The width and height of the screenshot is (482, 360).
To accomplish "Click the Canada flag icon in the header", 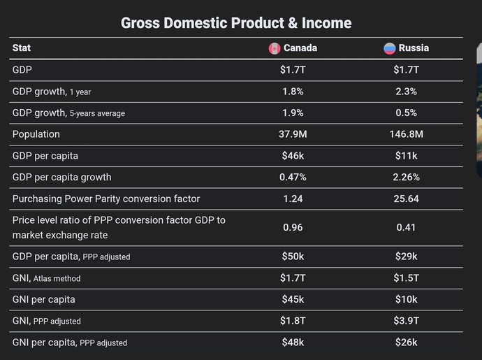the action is click(275, 48).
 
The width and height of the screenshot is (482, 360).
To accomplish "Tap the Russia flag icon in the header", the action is click(390, 48).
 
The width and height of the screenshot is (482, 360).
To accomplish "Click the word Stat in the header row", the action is click(22, 48).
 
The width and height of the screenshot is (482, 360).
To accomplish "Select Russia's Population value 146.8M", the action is click(407, 134).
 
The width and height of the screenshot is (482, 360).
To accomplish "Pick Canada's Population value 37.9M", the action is click(293, 134).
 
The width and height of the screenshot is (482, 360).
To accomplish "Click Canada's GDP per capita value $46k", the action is click(293, 156).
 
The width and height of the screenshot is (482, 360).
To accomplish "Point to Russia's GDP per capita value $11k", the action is click(407, 156).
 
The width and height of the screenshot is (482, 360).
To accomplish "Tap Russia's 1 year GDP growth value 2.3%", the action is click(407, 92).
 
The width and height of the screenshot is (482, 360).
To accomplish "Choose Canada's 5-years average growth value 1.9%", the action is click(293, 113).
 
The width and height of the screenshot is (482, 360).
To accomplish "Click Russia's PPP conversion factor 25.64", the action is click(407, 199).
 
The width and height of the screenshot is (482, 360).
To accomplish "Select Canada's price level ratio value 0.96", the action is click(293, 227).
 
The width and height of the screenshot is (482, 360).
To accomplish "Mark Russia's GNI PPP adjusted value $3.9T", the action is click(407, 321).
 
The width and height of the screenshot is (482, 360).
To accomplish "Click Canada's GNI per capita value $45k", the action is click(293, 299).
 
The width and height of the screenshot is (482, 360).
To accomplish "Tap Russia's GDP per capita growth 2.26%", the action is click(407, 178).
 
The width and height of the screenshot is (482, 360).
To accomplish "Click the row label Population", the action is click(36, 134).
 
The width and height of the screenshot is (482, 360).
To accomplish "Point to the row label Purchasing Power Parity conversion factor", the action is click(106, 199).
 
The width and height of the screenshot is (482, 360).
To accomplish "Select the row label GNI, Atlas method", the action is click(46, 278).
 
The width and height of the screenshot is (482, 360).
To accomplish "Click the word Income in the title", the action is click(326, 23).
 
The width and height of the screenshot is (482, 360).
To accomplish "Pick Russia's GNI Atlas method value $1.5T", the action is click(407, 278).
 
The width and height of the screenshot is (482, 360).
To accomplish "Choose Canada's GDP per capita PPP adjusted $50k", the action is click(293, 257).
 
